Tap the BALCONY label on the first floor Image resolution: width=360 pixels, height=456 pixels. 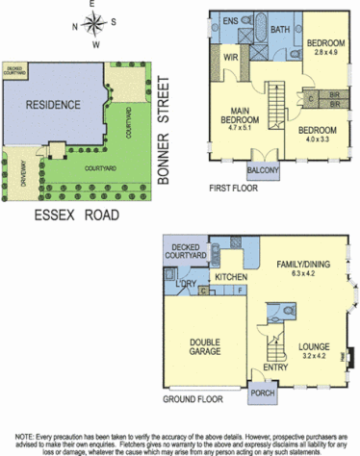click(x=263, y=171)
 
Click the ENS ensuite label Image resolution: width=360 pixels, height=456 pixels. click(x=231, y=20)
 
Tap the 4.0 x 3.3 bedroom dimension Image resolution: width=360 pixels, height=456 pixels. click(x=317, y=139)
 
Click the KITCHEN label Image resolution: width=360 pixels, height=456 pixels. click(x=232, y=277)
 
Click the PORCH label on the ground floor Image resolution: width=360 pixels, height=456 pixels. click(x=262, y=392)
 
